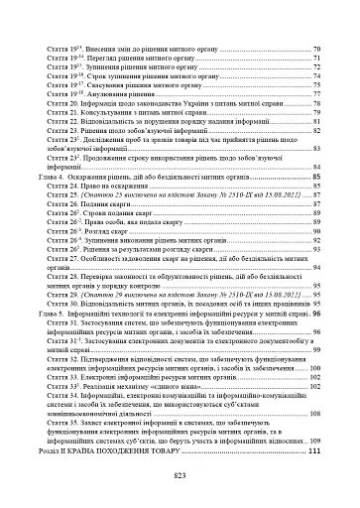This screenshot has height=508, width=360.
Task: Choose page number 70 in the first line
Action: (316, 48)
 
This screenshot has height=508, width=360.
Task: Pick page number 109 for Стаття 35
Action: (314, 441)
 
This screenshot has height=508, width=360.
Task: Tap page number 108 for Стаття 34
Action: (314, 414)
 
